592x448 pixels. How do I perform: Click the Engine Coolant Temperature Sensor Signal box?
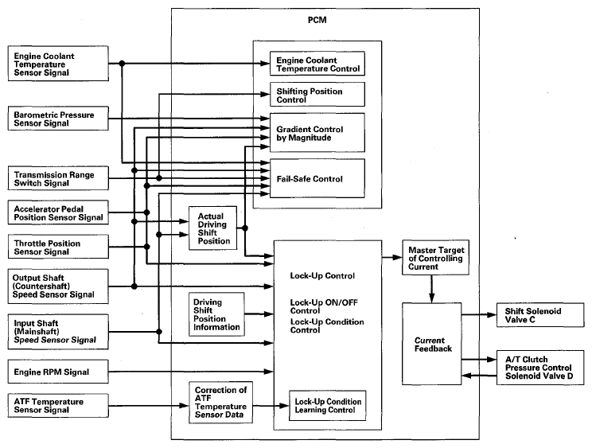[x=56, y=64]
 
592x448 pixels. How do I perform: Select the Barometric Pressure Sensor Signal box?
[x=56, y=120]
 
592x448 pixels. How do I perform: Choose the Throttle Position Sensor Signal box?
[x=56, y=247]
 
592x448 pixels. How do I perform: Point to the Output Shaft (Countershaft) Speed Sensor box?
[x=56, y=284]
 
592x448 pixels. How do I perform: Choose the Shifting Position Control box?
[x=317, y=95]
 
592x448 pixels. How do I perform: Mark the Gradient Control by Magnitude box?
[x=317, y=133]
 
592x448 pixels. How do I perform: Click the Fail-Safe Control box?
[x=317, y=178]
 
